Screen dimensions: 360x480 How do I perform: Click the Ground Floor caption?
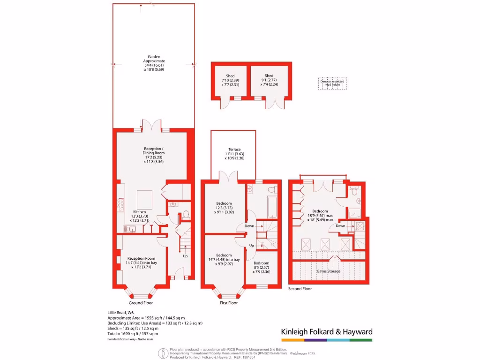[140, 303]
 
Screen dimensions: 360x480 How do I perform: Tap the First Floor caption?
[228, 303]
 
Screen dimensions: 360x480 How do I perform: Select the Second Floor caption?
[300, 289]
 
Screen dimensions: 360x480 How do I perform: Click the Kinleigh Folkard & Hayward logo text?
[327, 332]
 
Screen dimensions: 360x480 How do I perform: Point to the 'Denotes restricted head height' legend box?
[332, 83]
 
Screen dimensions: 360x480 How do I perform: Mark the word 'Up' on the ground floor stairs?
[186, 256]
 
